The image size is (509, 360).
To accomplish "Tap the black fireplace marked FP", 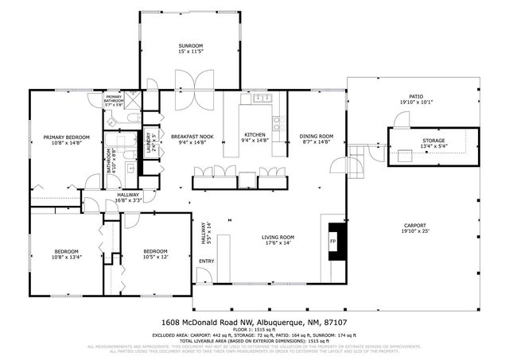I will pyautogui.click(x=334, y=241).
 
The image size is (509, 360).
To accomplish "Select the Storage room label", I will pyautogui.click(x=433, y=143).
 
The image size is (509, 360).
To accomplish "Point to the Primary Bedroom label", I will pyautogui.click(x=66, y=140).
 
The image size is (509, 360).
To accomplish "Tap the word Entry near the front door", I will pyautogui.click(x=206, y=261).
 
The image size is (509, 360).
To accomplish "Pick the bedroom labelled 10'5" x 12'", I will pyautogui.click(x=155, y=254).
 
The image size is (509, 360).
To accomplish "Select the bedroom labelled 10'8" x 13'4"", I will pyautogui.click(x=66, y=254).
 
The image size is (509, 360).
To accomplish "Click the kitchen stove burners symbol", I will pyautogui.click(x=278, y=123).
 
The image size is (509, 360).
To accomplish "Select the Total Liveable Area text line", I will pyautogui.click(x=254, y=342).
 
